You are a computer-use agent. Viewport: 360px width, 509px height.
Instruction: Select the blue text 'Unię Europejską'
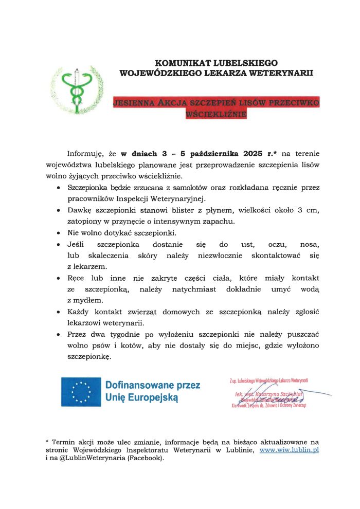pyautogui.click(x=141, y=397)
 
